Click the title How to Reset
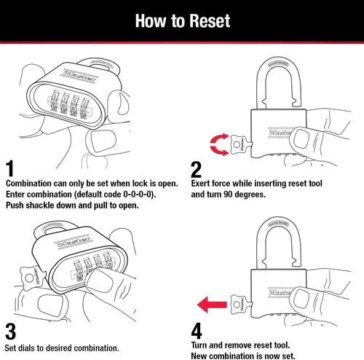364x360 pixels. pos(182,19)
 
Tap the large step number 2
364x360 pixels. pos(197,169)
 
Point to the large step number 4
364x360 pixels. pos(197,331)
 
